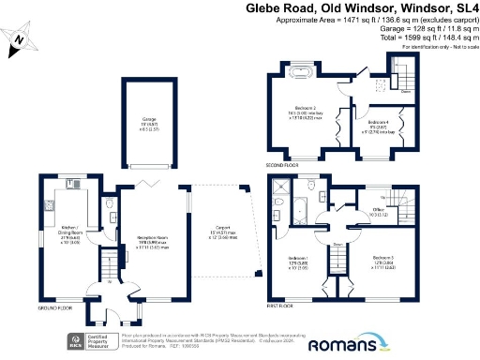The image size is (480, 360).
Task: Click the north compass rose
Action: click(x=17, y=39)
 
